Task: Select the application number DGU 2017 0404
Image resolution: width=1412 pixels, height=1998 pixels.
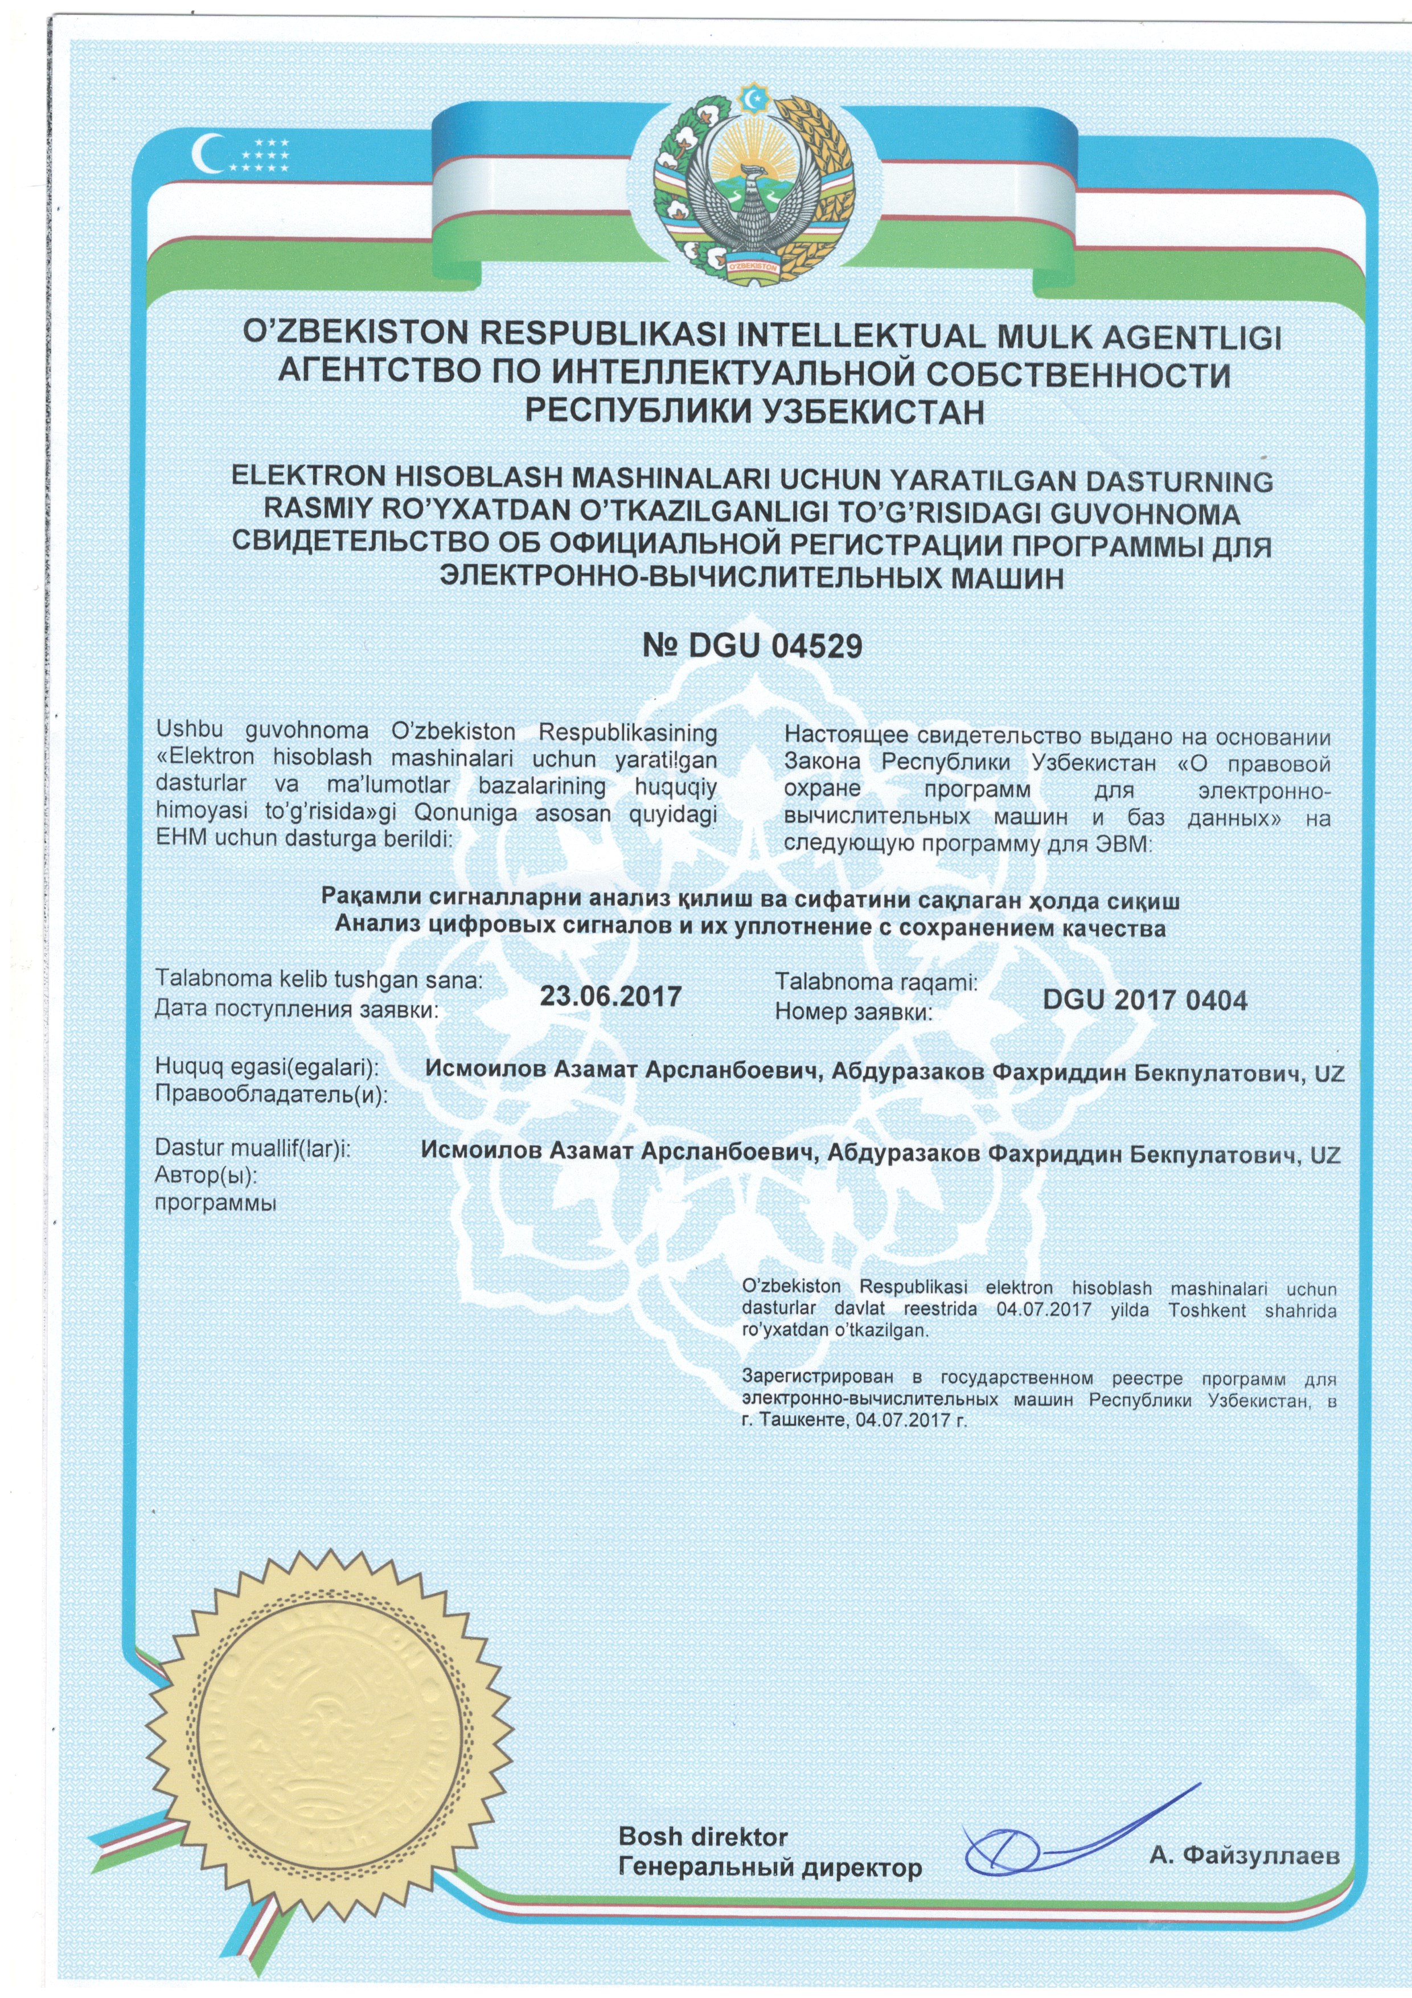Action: click(1144, 1001)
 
